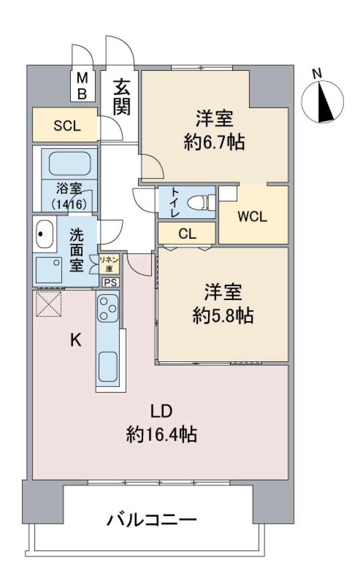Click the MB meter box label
click(82, 86)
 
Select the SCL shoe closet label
click(67, 126)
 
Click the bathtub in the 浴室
click(69, 163)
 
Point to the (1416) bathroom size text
click(69, 204)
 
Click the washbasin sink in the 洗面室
click(44, 234)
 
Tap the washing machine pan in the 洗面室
click(48, 270)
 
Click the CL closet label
click(187, 234)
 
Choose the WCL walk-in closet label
click(252, 217)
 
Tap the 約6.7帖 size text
click(214, 142)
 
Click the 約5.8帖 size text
click(223, 316)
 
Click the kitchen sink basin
click(108, 367)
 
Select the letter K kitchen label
click(76, 340)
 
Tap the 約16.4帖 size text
click(161, 434)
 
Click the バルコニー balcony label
click(151, 520)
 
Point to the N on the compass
click(317, 73)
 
